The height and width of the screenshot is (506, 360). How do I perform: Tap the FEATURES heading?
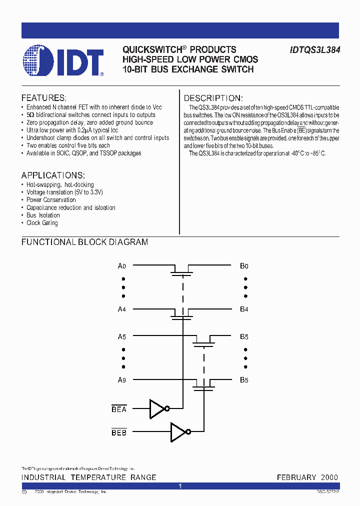(x=43, y=98)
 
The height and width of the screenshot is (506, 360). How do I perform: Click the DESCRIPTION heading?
(x=213, y=98)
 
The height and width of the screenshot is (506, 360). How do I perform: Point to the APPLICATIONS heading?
(x=53, y=175)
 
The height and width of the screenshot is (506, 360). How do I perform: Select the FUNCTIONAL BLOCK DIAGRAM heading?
(x=84, y=242)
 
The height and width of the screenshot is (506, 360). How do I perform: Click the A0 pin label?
(x=121, y=266)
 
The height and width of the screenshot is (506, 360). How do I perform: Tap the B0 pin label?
(x=244, y=266)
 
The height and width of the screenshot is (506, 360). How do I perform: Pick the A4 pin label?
(x=121, y=309)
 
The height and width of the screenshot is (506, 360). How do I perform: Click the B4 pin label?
(x=244, y=309)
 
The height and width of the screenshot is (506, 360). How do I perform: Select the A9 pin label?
(x=121, y=380)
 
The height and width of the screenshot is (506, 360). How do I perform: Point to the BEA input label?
(x=119, y=409)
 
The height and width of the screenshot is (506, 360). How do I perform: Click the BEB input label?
(x=119, y=432)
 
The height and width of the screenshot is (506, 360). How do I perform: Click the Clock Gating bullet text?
(x=42, y=223)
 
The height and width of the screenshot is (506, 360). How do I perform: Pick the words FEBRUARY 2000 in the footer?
(x=307, y=477)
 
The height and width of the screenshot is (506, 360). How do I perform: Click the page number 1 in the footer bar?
(x=180, y=486)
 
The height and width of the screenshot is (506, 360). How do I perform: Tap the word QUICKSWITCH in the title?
(x=151, y=50)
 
